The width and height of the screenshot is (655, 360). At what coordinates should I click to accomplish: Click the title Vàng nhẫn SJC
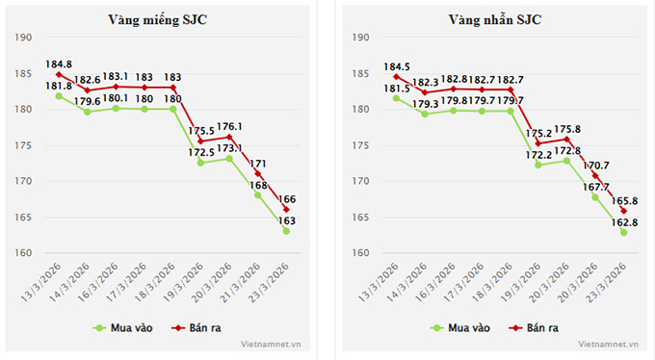(x=495, y=20)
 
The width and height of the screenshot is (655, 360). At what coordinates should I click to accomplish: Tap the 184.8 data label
(x=59, y=64)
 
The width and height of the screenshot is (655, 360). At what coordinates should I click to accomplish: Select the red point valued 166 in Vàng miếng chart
(x=286, y=210)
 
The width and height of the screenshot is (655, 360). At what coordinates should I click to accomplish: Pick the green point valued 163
(x=286, y=231)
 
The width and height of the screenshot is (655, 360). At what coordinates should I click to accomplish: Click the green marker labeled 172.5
(x=201, y=163)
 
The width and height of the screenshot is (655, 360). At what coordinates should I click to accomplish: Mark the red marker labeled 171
(x=258, y=173)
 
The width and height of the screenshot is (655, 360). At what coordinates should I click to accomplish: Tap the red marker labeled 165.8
(x=623, y=211)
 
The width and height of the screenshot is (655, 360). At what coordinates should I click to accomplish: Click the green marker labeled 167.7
(x=595, y=197)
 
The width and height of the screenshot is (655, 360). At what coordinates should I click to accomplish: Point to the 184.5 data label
(x=396, y=66)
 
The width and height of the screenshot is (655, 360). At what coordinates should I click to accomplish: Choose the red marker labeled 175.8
(x=567, y=139)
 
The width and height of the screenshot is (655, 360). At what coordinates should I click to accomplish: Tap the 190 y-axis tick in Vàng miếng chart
(x=23, y=38)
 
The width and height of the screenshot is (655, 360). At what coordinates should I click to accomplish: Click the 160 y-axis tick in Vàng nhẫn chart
(x=360, y=253)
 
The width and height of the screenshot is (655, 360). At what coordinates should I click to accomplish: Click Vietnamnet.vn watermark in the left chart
(x=273, y=343)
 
